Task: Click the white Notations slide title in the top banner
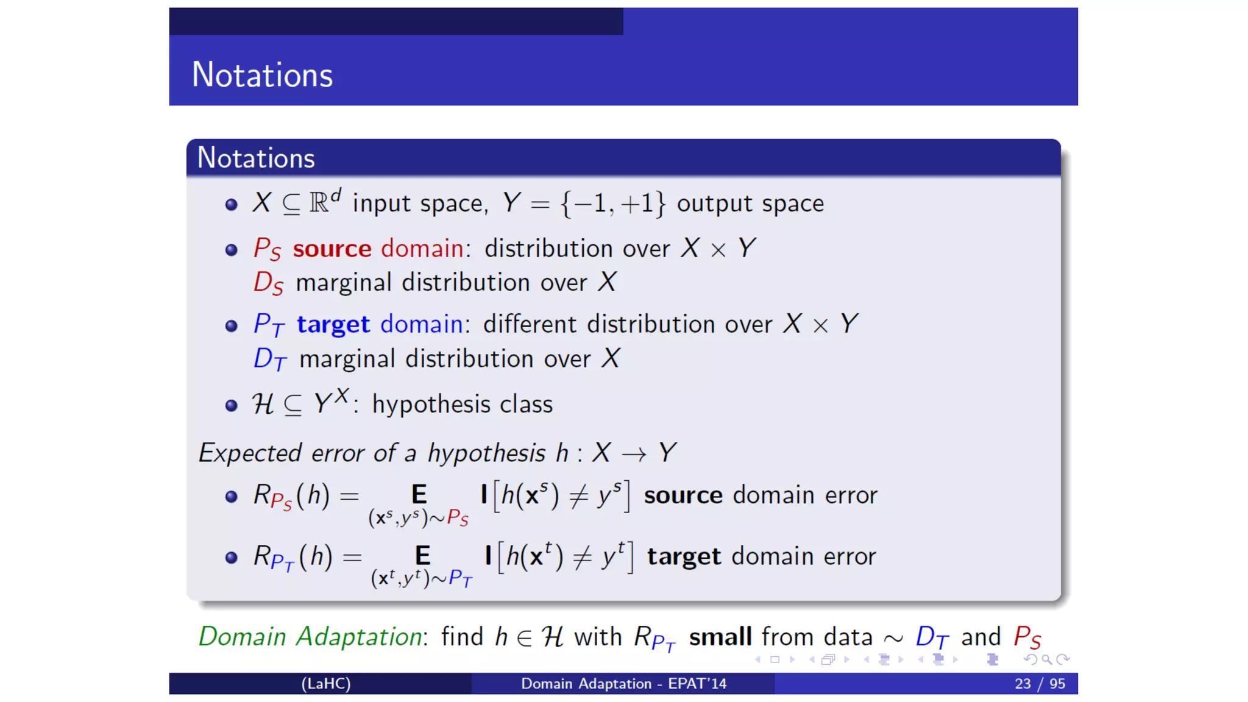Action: pos(262,75)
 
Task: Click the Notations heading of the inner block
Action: pos(256,158)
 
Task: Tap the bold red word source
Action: pos(332,249)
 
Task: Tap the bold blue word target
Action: pos(333,324)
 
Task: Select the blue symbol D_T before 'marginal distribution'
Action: pos(269,360)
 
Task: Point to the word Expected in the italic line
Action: pos(250,453)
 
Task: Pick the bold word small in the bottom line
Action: pos(720,637)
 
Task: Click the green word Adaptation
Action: pos(359,637)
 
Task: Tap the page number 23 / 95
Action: pos(1040,684)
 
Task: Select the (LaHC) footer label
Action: pos(326,684)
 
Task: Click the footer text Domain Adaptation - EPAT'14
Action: pos(623,684)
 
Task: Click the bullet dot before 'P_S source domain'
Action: pos(231,250)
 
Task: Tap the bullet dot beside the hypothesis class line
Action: pos(231,405)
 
